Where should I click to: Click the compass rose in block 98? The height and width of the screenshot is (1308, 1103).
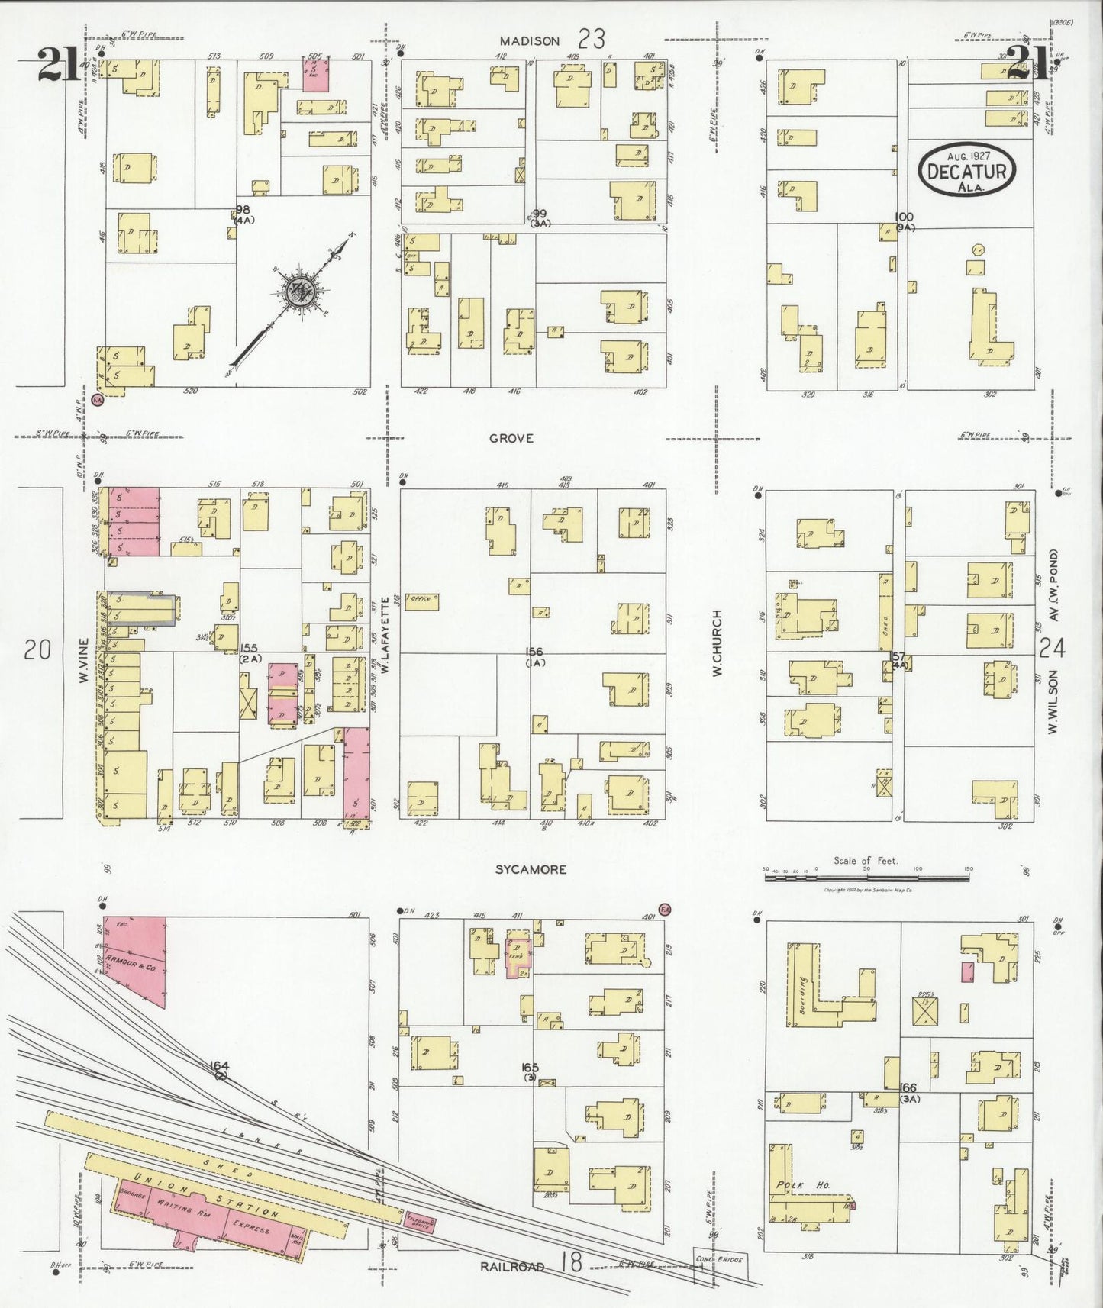point(299,292)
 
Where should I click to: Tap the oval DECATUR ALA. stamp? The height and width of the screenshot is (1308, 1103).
point(967,169)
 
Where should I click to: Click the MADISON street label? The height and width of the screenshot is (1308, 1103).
point(530,41)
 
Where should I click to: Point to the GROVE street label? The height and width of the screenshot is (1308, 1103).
point(511,438)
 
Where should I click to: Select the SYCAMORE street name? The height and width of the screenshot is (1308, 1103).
point(531,869)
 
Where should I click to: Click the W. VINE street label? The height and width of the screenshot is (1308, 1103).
point(85,660)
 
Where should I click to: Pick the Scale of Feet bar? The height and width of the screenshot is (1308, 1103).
point(866,878)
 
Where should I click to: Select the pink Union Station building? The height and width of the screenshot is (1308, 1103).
point(206,1213)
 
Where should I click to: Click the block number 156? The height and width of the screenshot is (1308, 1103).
point(534,652)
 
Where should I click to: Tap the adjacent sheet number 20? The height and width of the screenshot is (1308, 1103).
point(37,649)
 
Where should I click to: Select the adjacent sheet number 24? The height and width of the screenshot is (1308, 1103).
point(1052,648)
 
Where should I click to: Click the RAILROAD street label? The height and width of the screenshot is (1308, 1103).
point(512,1266)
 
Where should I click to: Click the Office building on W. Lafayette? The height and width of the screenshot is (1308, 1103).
point(421,601)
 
